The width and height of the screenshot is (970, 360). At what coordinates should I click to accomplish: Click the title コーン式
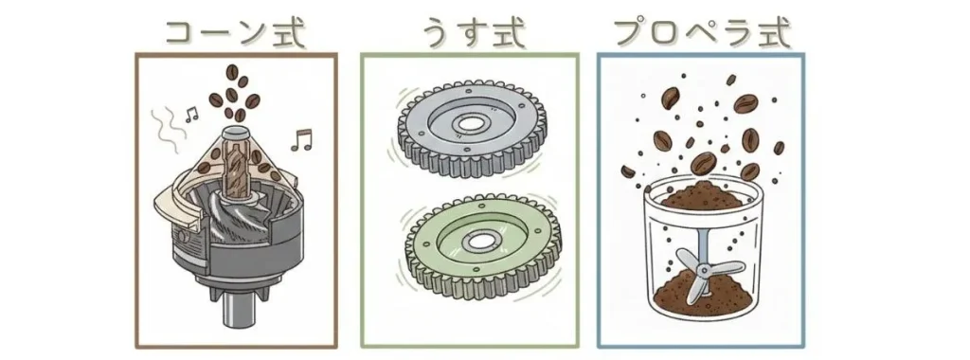(x=235, y=30)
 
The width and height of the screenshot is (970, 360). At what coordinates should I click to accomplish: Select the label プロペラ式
(x=702, y=30)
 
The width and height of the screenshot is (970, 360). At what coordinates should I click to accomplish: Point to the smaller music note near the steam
(x=191, y=115)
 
